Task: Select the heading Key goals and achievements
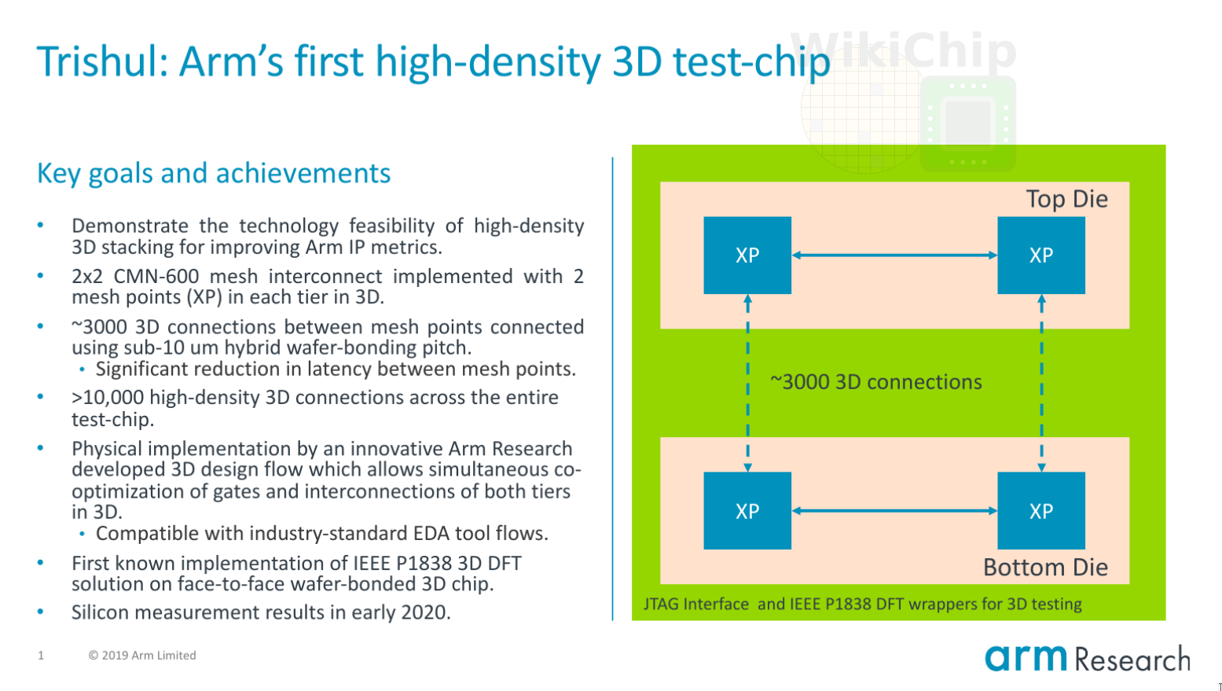point(213,173)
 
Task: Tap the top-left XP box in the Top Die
point(747,255)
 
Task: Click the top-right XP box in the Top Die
point(1040,255)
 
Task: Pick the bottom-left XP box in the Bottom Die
point(747,511)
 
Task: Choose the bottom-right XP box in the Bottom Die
point(1040,511)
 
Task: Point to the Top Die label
point(1066,200)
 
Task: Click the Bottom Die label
point(1045,568)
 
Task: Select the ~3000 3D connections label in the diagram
point(875,382)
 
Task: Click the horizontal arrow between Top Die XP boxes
point(894,255)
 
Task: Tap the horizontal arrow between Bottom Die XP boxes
point(894,511)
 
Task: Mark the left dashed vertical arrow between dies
point(747,383)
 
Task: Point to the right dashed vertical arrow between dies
point(1041,383)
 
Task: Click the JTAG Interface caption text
point(862,604)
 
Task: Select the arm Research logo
point(1087,658)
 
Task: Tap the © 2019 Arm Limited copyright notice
point(142,656)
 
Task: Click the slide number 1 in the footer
point(41,656)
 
